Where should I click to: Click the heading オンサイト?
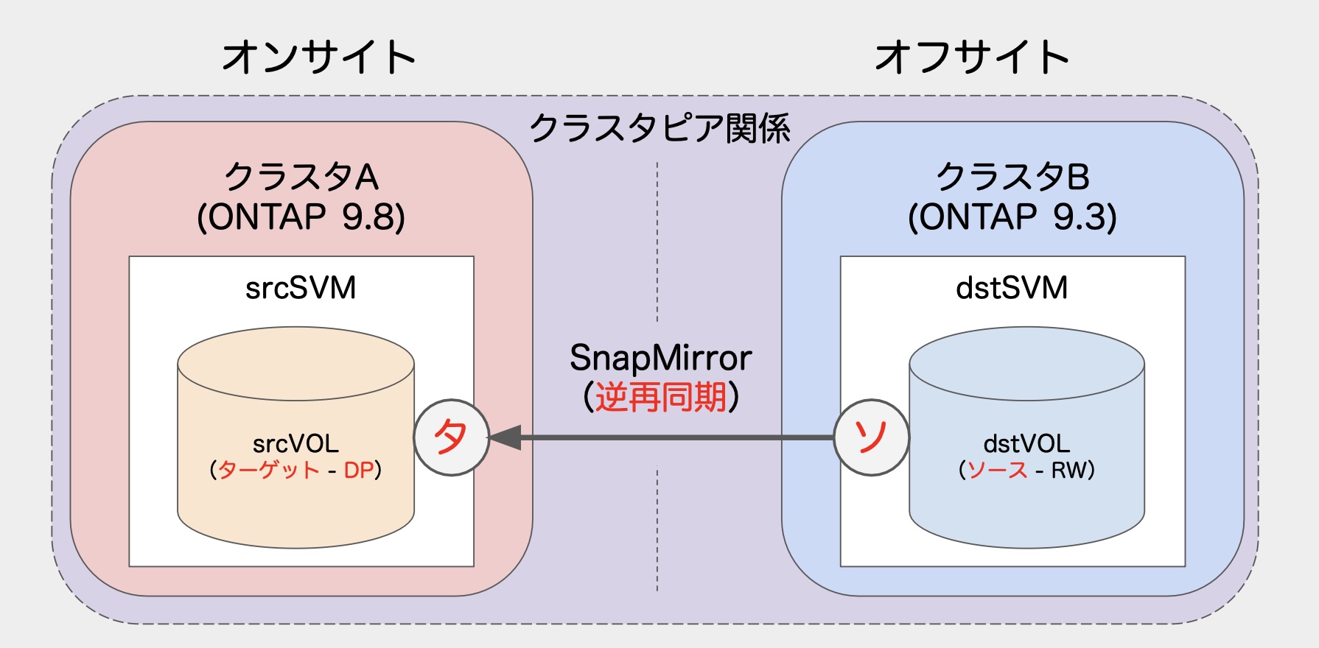coord(318,57)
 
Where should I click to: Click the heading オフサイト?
coord(971,57)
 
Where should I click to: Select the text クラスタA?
coord(301,177)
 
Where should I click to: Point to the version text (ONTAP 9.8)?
coord(301,217)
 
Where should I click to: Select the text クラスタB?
coord(1012,177)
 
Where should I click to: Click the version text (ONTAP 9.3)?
coord(1012,217)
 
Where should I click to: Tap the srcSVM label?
coord(301,288)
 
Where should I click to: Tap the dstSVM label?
coord(1012,288)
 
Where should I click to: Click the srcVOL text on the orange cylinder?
coord(295,444)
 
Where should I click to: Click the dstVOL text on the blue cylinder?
coord(1026,444)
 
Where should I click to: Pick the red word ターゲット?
coord(269,470)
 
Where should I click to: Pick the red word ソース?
coord(997,470)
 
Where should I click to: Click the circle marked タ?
coord(451,437)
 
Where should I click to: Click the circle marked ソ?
coord(871,437)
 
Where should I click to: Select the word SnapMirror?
coord(660,359)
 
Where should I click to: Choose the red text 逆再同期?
coord(660,398)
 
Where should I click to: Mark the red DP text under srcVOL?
coord(359,470)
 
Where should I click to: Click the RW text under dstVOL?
coord(1068,470)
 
